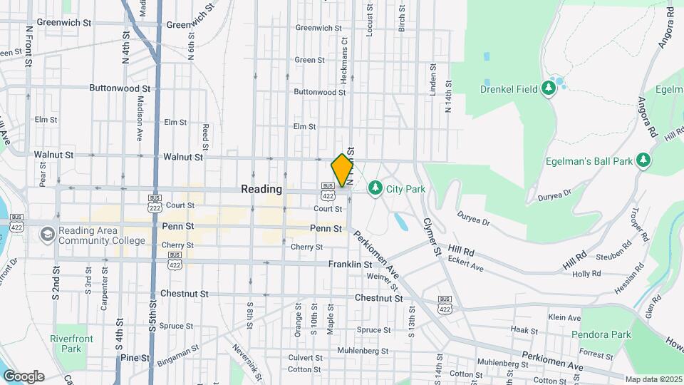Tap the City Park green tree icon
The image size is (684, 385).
(375, 188)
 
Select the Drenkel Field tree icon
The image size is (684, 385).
(548, 88)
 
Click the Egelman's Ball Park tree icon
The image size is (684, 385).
(643, 160)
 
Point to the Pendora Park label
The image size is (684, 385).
(601, 334)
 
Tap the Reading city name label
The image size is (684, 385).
(261, 189)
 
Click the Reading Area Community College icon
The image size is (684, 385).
(47, 234)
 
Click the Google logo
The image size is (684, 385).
(24, 376)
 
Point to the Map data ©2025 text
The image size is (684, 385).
(653, 379)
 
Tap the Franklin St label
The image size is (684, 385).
(350, 264)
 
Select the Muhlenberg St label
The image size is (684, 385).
(362, 351)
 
